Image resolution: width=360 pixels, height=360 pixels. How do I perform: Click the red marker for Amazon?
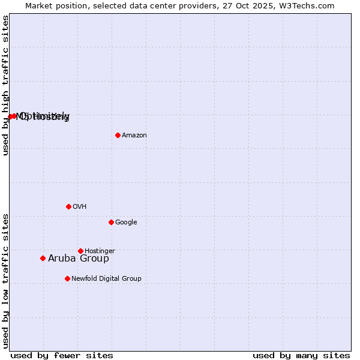coord(118,135)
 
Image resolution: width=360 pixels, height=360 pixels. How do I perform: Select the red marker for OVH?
coord(68,206)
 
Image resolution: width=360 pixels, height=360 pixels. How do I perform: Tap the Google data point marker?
coord(111,222)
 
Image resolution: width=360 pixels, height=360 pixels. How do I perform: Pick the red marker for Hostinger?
coord(80,251)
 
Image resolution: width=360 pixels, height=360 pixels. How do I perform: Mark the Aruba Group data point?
coord(43,259)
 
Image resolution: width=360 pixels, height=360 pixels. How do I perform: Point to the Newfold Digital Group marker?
coord(67,278)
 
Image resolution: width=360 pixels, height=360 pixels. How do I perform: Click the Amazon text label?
coord(134,136)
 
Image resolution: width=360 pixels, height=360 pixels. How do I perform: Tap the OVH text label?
coord(80,207)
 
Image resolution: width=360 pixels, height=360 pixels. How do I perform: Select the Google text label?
coord(126,223)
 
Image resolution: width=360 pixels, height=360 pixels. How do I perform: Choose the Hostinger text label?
coord(100,251)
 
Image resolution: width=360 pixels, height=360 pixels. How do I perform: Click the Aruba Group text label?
coord(79,259)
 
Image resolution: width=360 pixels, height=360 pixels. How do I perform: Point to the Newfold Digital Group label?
coord(106,279)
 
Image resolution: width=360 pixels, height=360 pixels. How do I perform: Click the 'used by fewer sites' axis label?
coord(62,355)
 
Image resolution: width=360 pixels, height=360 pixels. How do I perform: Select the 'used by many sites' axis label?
coord(301,355)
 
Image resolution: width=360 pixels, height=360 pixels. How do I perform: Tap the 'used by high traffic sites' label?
coord(5,86)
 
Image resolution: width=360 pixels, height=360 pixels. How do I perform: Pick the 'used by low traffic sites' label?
coord(5,281)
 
